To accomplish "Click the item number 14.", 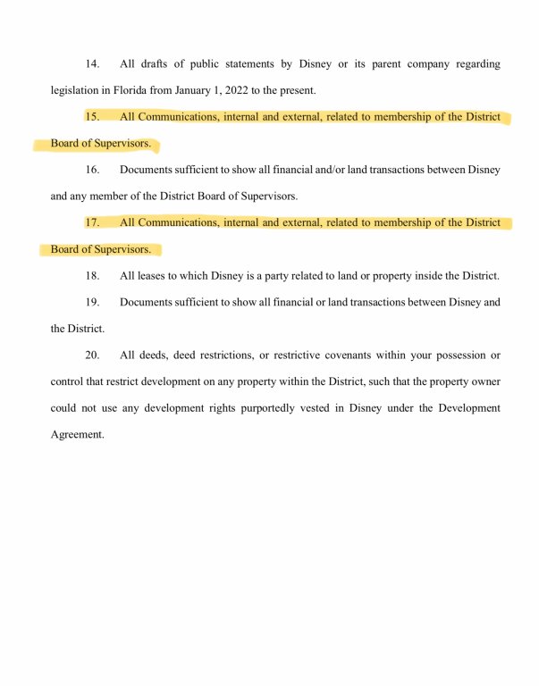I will [x=92, y=64].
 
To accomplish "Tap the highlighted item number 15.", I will [x=92, y=117].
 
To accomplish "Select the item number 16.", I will [x=92, y=170].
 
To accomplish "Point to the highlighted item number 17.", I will [x=92, y=222].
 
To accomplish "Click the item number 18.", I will [x=92, y=275].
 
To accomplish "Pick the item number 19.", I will [x=92, y=302].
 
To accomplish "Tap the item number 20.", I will [x=92, y=355].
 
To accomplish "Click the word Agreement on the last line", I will [x=77, y=434].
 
